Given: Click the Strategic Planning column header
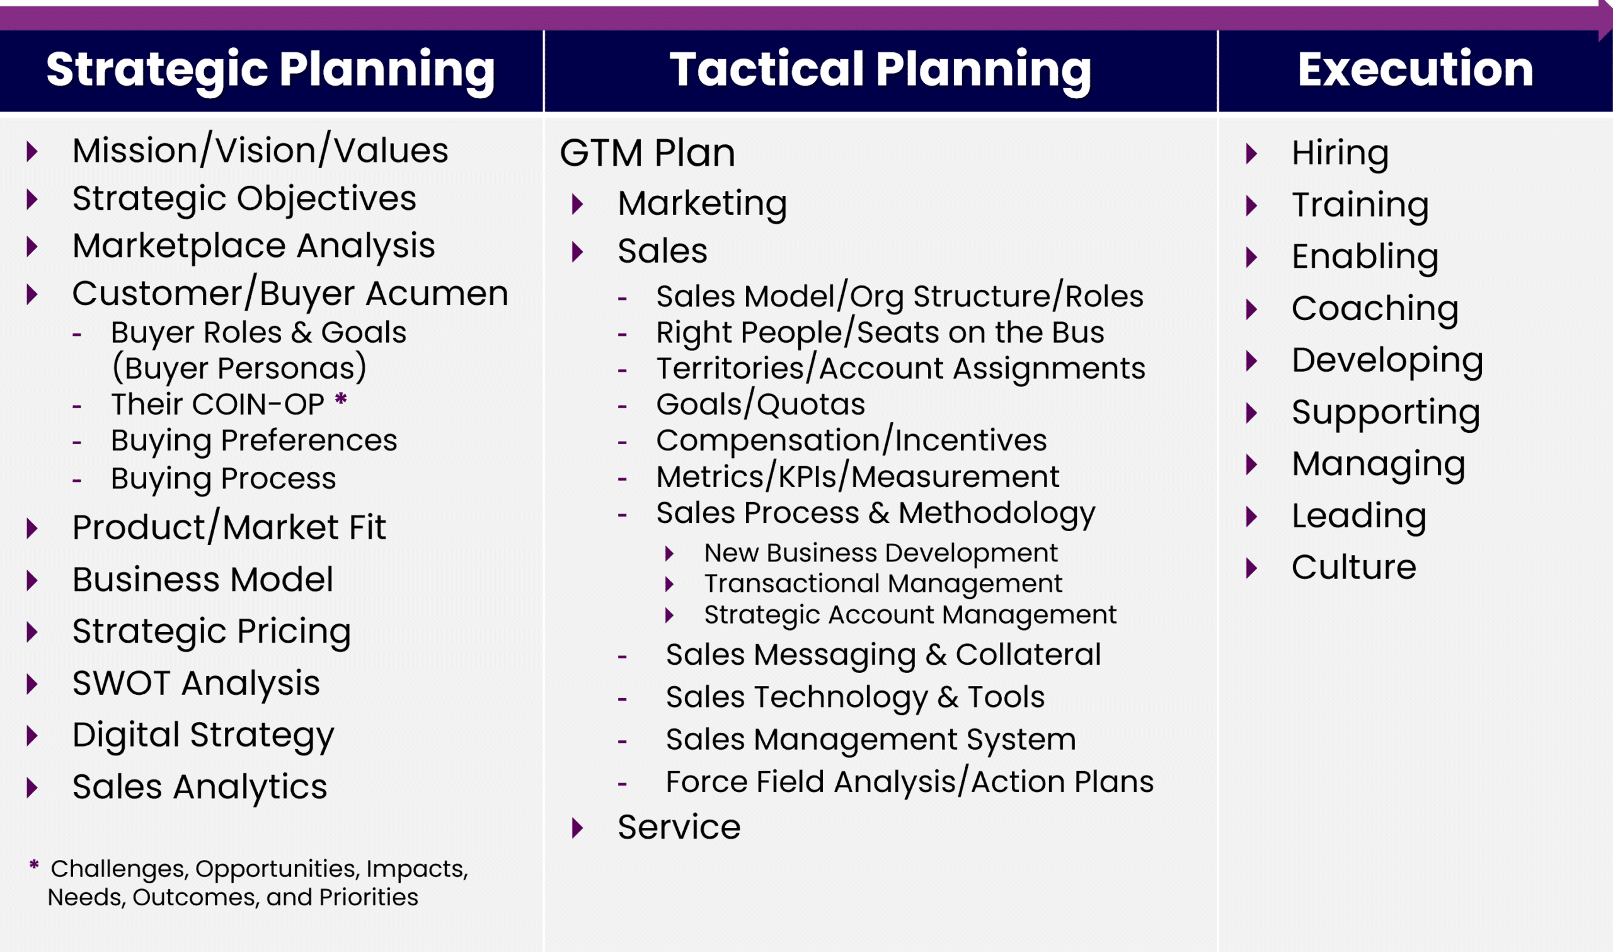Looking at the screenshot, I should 270,69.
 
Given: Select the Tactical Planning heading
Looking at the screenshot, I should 880,69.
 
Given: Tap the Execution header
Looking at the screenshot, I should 1415,69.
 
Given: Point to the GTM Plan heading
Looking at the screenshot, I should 647,152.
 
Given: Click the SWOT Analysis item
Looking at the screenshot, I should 195,682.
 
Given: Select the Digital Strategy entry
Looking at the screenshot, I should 203,735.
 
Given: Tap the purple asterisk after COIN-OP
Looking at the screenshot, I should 342,399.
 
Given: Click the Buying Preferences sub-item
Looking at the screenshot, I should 253,440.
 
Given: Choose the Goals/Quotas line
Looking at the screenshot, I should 760,404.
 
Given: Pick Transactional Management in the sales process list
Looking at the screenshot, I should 883,583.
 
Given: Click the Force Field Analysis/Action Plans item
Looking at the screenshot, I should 909,782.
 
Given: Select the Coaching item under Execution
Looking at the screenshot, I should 1374,309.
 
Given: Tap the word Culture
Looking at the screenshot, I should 1353,567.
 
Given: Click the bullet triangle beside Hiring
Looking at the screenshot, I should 1251,153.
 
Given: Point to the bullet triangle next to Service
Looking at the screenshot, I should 577,827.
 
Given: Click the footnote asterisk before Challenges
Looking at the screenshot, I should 34,865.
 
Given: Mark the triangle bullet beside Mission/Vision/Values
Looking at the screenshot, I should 32,151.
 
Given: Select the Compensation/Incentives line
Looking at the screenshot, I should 851,440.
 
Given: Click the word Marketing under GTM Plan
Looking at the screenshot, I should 702,204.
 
